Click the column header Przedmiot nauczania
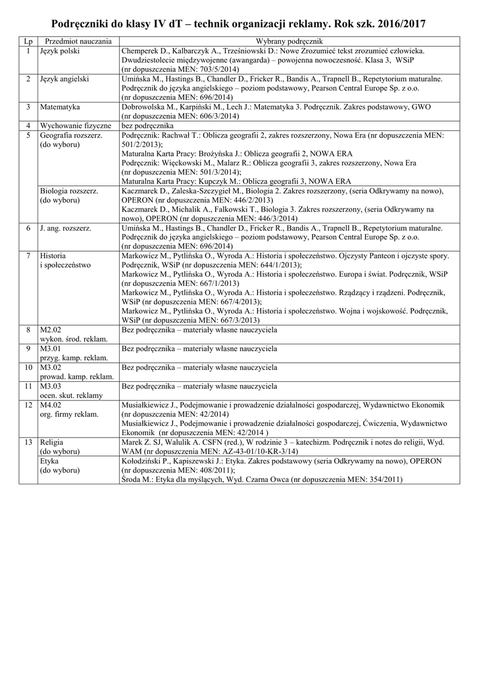[78, 41]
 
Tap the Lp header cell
[28, 41]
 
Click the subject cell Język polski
[60, 51]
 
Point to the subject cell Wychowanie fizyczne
[76, 125]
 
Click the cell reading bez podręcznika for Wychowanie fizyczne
[147, 125]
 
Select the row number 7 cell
[28, 255]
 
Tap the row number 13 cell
[28, 442]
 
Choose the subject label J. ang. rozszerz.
[66, 227]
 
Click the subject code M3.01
[51, 348]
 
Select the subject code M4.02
[51, 405]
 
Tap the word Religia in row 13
[51, 442]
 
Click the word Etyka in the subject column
[49, 461]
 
